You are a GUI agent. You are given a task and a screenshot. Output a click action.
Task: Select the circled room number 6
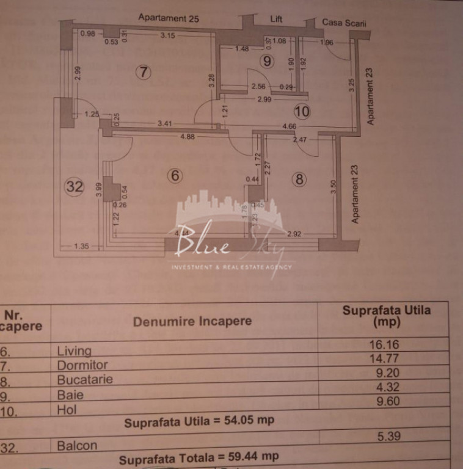click(x=175, y=175)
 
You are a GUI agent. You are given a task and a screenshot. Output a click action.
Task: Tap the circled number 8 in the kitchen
click(x=299, y=179)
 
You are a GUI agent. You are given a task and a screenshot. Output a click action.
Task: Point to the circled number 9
click(x=266, y=60)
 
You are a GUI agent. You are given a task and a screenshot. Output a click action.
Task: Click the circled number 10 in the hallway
click(x=302, y=111)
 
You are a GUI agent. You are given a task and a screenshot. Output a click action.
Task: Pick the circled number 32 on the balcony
click(x=74, y=187)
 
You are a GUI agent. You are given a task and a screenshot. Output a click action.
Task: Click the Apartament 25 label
click(x=169, y=18)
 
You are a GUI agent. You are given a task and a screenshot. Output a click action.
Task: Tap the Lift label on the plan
click(x=277, y=20)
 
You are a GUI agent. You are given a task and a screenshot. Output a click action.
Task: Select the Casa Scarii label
click(x=340, y=23)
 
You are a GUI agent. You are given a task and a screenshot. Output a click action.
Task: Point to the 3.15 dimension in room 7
click(x=167, y=35)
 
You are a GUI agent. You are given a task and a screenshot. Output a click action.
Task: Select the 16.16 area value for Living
click(x=384, y=345)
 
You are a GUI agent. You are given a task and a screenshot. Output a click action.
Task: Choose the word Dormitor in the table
click(x=82, y=365)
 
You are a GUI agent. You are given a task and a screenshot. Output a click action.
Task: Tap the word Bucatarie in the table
click(x=85, y=379)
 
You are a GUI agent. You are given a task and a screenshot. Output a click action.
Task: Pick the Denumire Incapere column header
click(x=192, y=321)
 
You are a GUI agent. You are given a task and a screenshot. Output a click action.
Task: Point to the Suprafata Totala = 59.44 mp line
click(x=199, y=457)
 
